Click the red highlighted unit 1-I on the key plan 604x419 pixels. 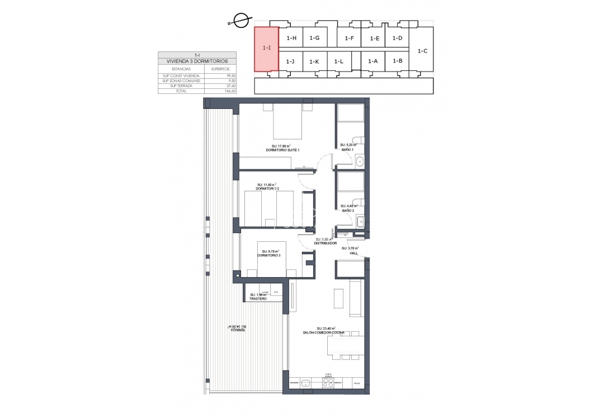point(267,49)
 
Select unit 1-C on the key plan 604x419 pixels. point(423,51)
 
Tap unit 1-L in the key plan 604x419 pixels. point(338,61)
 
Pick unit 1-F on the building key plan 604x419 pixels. point(349,38)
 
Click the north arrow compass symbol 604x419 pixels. point(241,22)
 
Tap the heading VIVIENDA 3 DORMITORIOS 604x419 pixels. point(197,61)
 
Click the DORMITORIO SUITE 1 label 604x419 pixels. point(283,150)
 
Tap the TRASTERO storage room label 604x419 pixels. point(258,299)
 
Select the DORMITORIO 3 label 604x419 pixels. point(268,255)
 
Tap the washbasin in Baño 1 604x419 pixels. point(360,161)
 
